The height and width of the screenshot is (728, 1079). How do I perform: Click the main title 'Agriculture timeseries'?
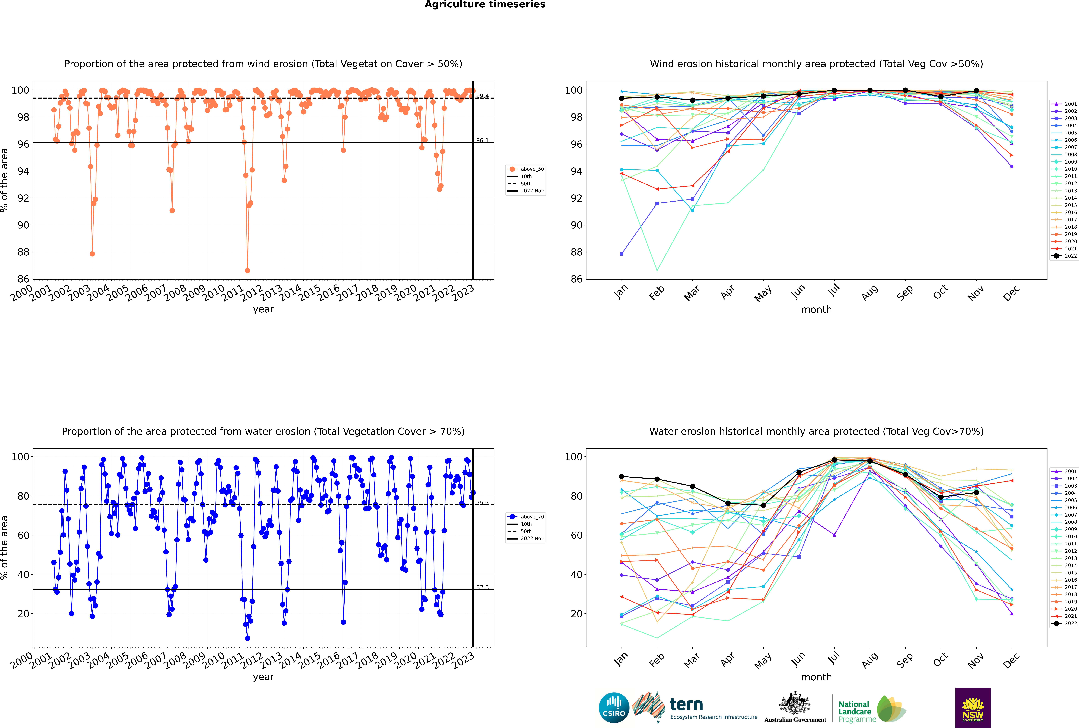coord(485,5)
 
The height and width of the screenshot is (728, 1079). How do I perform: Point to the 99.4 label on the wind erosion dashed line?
coord(482,96)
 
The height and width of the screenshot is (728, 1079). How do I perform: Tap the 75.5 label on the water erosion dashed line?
coord(482,503)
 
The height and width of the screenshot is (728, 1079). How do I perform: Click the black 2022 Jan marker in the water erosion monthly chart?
coord(622,476)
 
